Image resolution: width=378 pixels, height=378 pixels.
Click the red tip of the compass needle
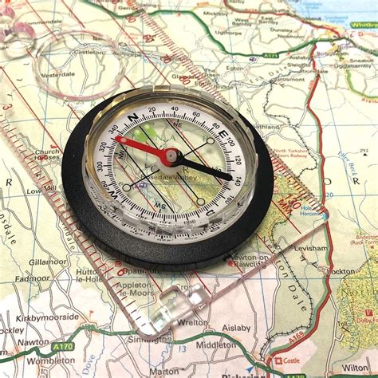(x=120, y=140)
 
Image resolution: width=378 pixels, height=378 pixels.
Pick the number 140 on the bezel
(x=238, y=181)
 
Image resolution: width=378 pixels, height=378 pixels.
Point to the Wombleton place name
(x=49, y=360)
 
